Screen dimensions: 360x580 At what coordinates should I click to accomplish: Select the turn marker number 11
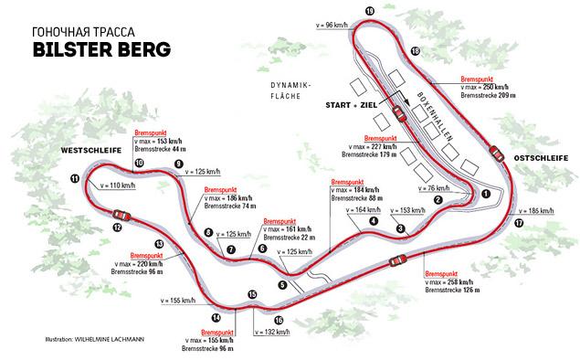(74, 178)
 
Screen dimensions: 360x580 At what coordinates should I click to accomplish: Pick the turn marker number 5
(282, 285)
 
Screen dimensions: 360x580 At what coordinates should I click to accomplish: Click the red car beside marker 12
(123, 215)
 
